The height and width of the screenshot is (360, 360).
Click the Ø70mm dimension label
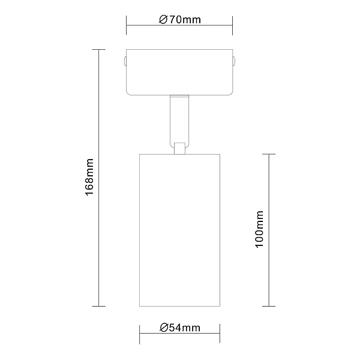pyautogui.click(x=180, y=20)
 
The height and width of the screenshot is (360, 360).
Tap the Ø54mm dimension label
pyautogui.click(x=180, y=328)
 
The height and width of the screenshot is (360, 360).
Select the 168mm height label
pyautogui.click(x=89, y=177)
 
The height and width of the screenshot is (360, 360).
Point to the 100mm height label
pyautogui.click(x=259, y=229)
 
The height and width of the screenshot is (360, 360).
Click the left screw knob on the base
pyautogui.click(x=125, y=61)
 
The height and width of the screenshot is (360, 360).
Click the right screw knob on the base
pyautogui.click(x=234, y=61)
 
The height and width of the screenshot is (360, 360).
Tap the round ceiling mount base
pyautogui.click(x=179, y=72)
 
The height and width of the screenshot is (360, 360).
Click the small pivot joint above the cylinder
pyautogui.click(x=180, y=148)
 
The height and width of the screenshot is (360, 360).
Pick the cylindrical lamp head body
pyautogui.click(x=180, y=230)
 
